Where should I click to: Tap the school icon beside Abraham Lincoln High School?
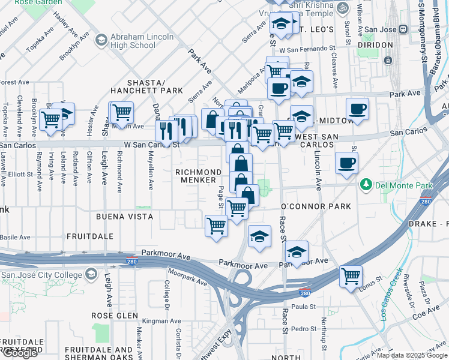[x=101, y=40]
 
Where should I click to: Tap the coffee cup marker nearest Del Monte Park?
[x=346, y=162]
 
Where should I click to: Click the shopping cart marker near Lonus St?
[x=351, y=276]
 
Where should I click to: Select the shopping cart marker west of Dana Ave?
[x=121, y=111]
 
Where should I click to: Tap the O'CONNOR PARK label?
[x=315, y=206]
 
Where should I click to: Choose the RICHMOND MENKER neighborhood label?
[x=196, y=176]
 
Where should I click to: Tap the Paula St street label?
[x=304, y=306]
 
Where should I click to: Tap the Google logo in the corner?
[x=20, y=353]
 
